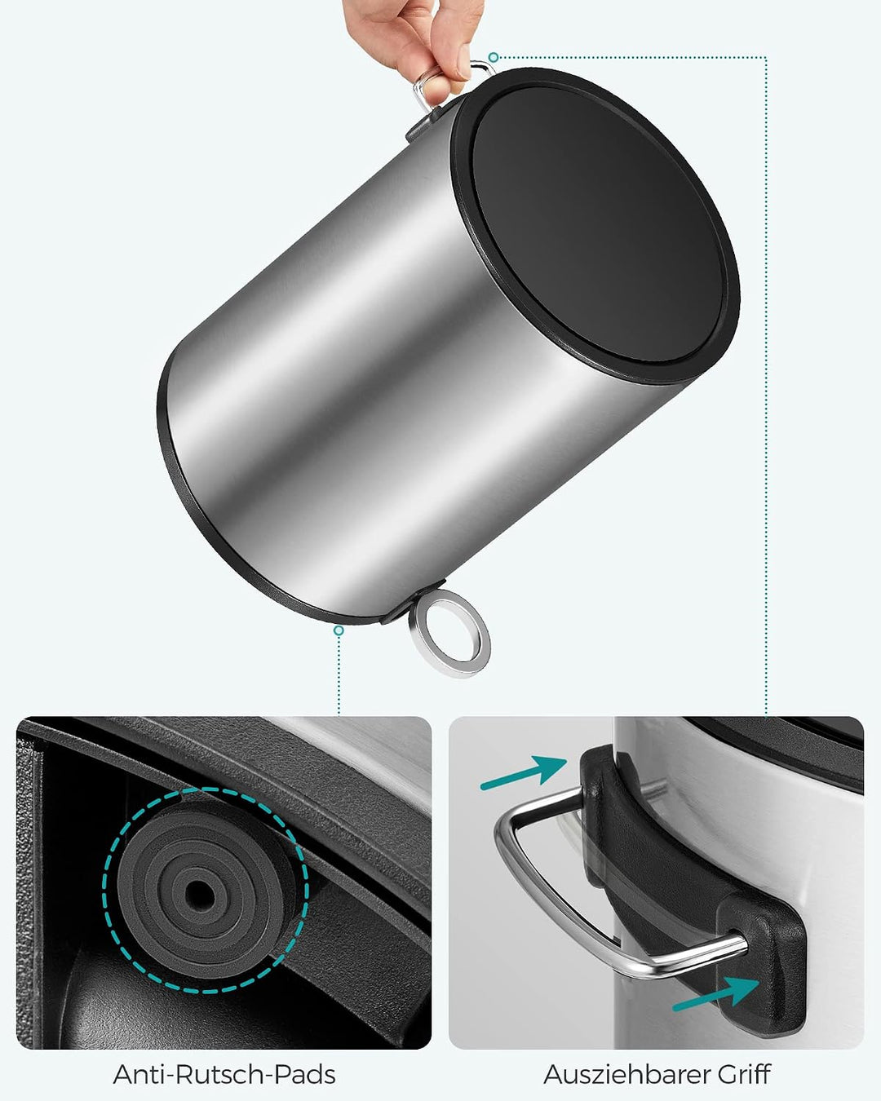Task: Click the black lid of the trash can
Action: (596, 225)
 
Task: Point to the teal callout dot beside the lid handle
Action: (493, 57)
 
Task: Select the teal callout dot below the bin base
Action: (339, 630)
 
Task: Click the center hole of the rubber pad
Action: (200, 893)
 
